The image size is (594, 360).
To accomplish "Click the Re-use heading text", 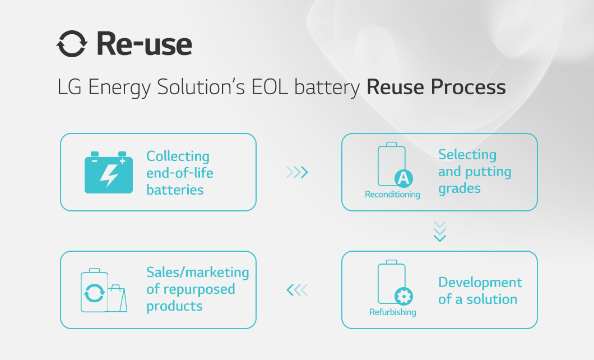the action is pyautogui.click(x=145, y=44).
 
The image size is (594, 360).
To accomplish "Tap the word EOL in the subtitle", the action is pyautogui.click(x=270, y=87).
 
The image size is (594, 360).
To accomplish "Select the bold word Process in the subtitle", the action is pyautogui.click(x=468, y=87).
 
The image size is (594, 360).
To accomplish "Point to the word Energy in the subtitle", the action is pyautogui.click(x=119, y=87).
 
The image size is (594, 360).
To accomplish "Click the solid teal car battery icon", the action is pyautogui.click(x=109, y=172).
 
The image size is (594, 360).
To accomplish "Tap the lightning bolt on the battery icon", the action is pyautogui.click(x=109, y=176).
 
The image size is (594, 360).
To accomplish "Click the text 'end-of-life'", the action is pyautogui.click(x=179, y=173).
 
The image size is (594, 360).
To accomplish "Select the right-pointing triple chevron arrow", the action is pyautogui.click(x=298, y=172).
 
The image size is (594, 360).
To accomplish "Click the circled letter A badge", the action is pyautogui.click(x=403, y=178).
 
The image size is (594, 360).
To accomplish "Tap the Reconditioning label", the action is pyautogui.click(x=392, y=195).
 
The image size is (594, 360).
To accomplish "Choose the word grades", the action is pyautogui.click(x=460, y=189).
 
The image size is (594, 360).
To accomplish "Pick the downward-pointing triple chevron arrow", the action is pyautogui.click(x=440, y=232).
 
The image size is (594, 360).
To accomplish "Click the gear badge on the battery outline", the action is pyautogui.click(x=403, y=296).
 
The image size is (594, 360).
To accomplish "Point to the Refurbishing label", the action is pyautogui.click(x=392, y=312).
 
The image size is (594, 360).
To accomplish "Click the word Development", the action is pyautogui.click(x=480, y=283).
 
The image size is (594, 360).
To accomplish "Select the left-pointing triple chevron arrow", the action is pyautogui.click(x=298, y=290).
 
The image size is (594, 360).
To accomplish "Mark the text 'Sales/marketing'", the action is pyautogui.click(x=198, y=272).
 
